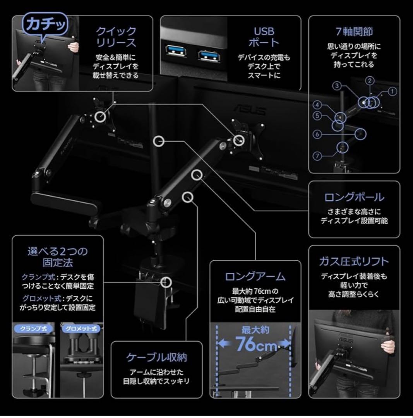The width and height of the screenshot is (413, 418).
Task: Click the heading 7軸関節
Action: [x=354, y=31]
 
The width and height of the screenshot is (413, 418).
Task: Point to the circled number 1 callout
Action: [x=392, y=92]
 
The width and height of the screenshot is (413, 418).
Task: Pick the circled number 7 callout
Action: [x=317, y=156]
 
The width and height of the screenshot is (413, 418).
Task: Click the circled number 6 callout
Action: [x=317, y=134]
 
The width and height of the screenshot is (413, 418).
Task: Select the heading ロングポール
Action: [x=354, y=197]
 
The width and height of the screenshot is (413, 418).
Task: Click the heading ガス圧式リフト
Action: [x=354, y=262]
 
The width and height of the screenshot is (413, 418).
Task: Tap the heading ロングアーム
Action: [x=255, y=276]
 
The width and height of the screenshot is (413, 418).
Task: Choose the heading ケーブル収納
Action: [x=156, y=357]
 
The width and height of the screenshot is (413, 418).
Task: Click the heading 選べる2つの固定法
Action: [x=58, y=257]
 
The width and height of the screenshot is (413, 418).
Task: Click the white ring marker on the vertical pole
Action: [x=159, y=141]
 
